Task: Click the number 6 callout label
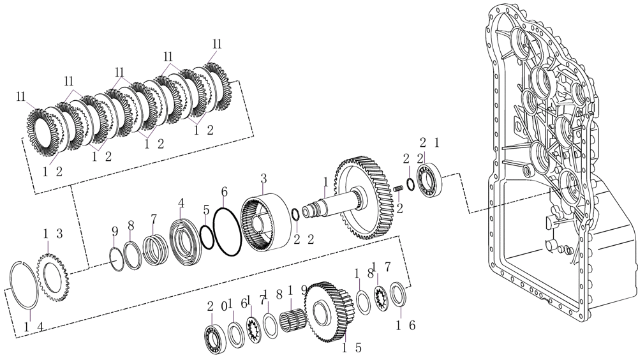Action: [224, 191]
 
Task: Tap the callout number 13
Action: [52, 234]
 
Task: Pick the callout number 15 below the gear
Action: [352, 348]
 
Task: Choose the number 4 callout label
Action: [181, 202]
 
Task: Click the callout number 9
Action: [114, 231]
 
